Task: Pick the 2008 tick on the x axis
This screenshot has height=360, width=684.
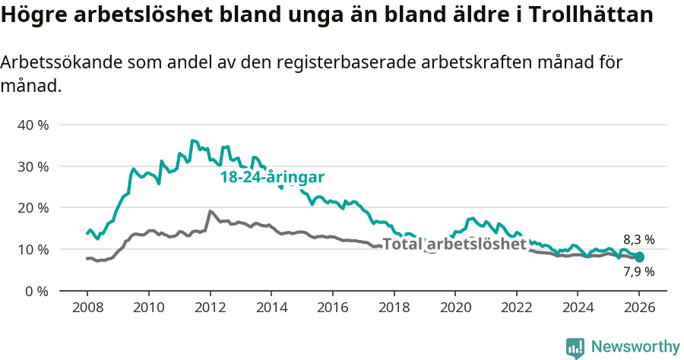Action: tap(87, 310)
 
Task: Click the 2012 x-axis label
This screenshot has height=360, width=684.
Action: tap(209, 310)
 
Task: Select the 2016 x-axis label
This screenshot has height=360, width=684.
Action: tap(332, 310)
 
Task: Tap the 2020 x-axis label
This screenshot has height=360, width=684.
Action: tap(455, 310)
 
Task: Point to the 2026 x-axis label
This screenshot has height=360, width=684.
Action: tap(639, 310)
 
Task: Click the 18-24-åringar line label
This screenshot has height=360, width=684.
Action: tap(272, 177)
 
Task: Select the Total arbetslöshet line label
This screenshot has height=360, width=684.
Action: tap(454, 245)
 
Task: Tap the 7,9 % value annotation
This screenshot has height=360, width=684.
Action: tap(638, 271)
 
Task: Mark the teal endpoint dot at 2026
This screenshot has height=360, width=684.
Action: tap(639, 257)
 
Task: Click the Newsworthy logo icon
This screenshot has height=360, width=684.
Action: tap(575, 348)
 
